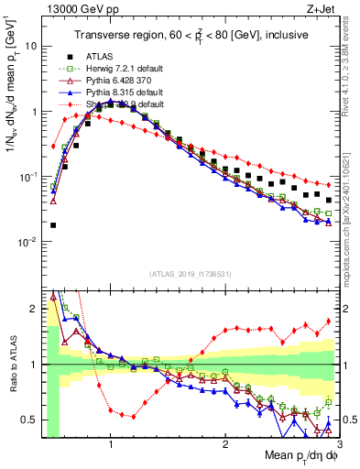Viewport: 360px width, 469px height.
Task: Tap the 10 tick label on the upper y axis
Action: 29,46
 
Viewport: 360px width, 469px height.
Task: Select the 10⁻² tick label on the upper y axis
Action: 27,243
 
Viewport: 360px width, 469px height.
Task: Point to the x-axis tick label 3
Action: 338,444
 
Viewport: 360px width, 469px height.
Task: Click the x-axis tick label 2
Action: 224,444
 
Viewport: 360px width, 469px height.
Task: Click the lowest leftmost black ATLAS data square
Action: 53,224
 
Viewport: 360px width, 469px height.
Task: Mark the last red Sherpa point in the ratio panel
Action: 329,321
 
